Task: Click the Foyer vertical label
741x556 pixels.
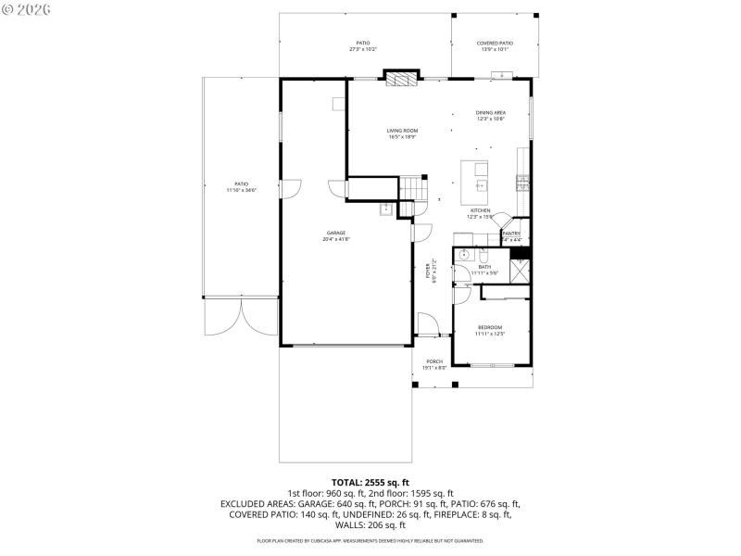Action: (x=429, y=270)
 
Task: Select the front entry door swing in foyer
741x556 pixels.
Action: (x=426, y=325)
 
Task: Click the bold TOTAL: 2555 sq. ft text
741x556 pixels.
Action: (x=370, y=482)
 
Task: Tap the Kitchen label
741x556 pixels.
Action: (x=480, y=212)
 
